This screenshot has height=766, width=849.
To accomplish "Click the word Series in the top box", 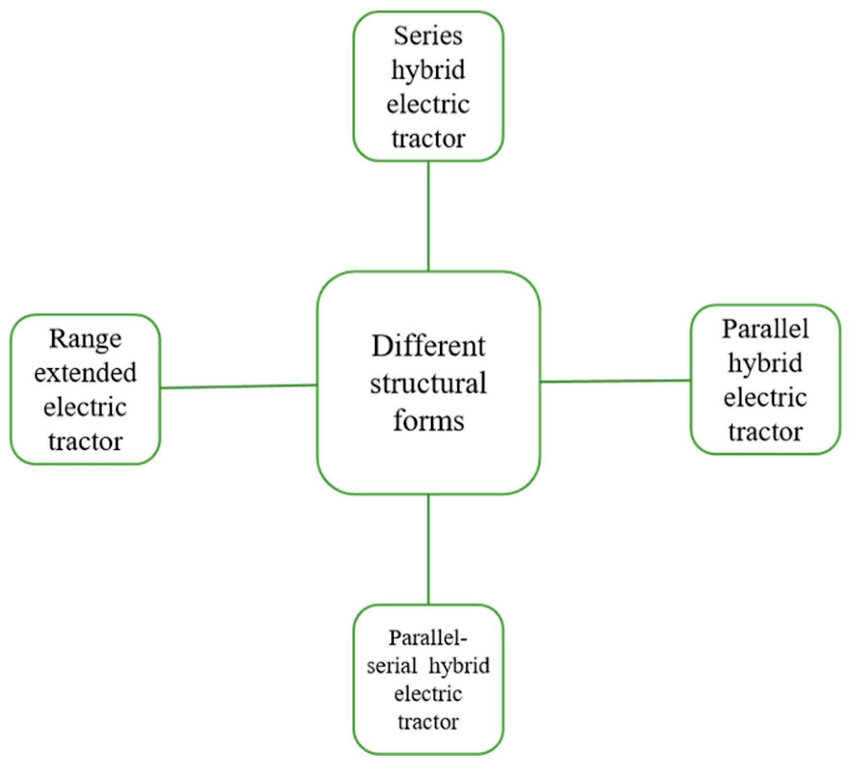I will (x=428, y=36).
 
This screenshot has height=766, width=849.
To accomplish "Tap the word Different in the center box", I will (x=428, y=347).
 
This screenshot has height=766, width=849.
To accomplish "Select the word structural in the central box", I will (x=428, y=384).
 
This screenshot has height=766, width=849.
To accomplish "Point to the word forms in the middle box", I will (x=428, y=420).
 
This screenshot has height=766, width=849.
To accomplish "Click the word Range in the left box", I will (x=85, y=339).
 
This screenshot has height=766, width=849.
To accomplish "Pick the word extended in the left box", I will (x=85, y=373).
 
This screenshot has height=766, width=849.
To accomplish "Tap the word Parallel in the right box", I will (x=765, y=329).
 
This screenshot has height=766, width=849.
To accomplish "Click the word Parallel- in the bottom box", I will (x=428, y=638).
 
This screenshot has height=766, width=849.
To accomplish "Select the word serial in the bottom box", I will (x=391, y=666).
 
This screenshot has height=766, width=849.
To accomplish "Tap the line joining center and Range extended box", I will (x=239, y=386).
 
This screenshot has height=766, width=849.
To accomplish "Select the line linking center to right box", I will (x=616, y=381).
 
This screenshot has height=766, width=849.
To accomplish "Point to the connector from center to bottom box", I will (x=428, y=550).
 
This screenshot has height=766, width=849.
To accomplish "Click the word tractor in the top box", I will (x=428, y=139).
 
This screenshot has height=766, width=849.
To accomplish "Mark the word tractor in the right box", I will (x=765, y=432).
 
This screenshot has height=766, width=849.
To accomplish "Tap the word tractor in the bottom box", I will (x=428, y=722).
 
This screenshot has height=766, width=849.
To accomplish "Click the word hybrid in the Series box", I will (x=428, y=70).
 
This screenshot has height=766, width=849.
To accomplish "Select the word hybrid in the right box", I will (x=765, y=363).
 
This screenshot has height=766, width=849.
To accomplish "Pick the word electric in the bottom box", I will (x=428, y=694).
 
